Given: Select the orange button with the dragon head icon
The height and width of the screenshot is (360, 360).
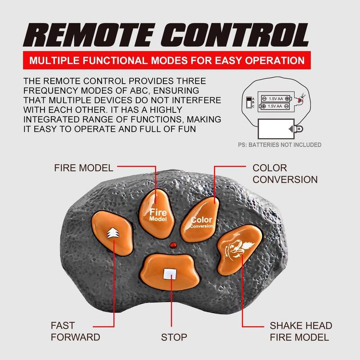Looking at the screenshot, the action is click(x=239, y=249).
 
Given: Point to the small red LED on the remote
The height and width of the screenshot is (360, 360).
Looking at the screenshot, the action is click(x=173, y=245).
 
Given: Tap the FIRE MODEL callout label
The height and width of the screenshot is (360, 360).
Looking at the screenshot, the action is click(x=84, y=168).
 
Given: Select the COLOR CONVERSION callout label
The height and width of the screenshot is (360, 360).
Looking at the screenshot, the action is click(x=285, y=174).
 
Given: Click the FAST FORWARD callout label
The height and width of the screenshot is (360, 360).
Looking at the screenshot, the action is click(x=75, y=331).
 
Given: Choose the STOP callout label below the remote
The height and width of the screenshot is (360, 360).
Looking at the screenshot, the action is click(x=174, y=337).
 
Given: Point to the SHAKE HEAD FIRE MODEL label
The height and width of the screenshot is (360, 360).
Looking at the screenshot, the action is click(x=301, y=331).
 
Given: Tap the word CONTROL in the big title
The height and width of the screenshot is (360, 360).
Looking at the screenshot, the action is click(x=235, y=35).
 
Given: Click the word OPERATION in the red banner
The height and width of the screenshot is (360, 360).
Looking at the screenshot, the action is click(x=274, y=60).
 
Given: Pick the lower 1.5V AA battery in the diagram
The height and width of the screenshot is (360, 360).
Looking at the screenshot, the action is click(x=274, y=106).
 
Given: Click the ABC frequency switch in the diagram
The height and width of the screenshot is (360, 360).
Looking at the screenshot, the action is click(x=249, y=103).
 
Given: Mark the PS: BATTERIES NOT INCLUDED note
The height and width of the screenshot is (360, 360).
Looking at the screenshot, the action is click(x=279, y=145).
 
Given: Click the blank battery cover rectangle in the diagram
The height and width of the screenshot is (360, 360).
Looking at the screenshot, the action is click(x=276, y=129).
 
